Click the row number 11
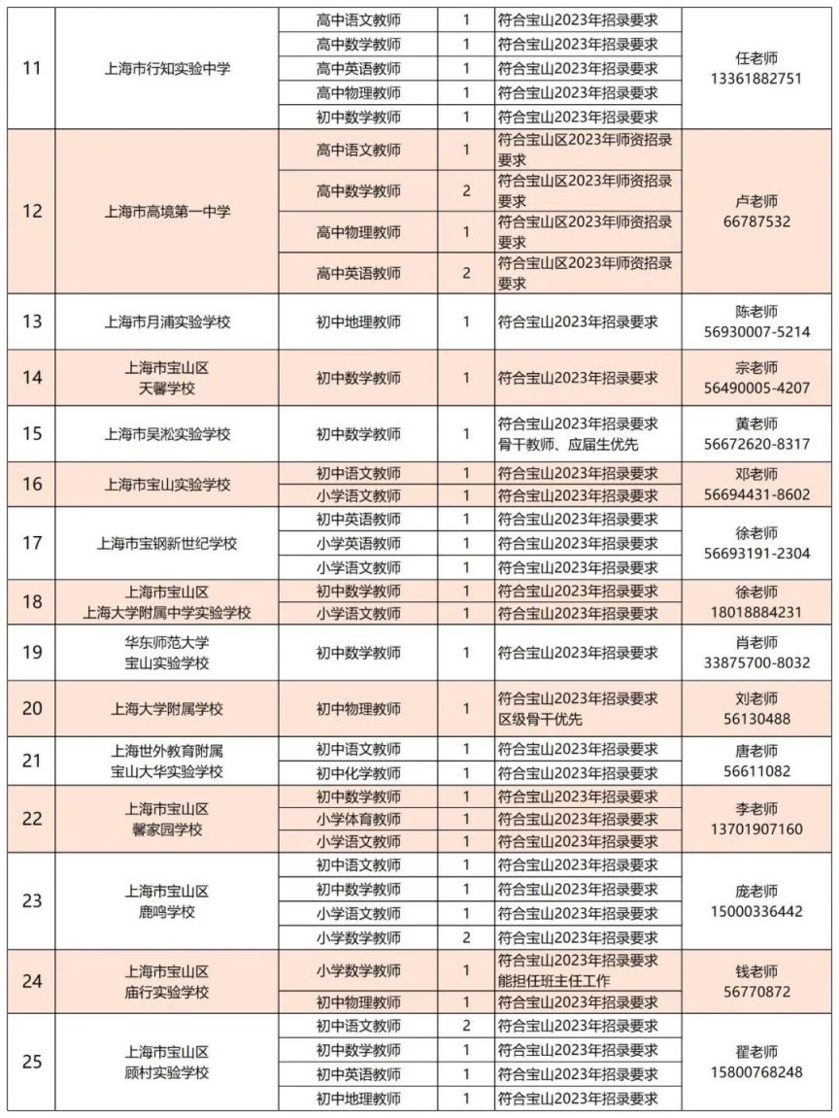click(31, 69)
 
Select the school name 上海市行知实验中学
click(167, 69)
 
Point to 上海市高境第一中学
click(167, 211)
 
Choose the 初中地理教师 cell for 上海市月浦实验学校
click(358, 322)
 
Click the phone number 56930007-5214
click(755, 331)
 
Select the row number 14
click(31, 377)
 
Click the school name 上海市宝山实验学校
click(167, 484)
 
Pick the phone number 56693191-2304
click(755, 553)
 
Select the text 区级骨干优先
click(540, 719)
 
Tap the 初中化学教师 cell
click(358, 773)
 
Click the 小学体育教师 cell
click(358, 819)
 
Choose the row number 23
click(31, 900)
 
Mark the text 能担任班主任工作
click(554, 980)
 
